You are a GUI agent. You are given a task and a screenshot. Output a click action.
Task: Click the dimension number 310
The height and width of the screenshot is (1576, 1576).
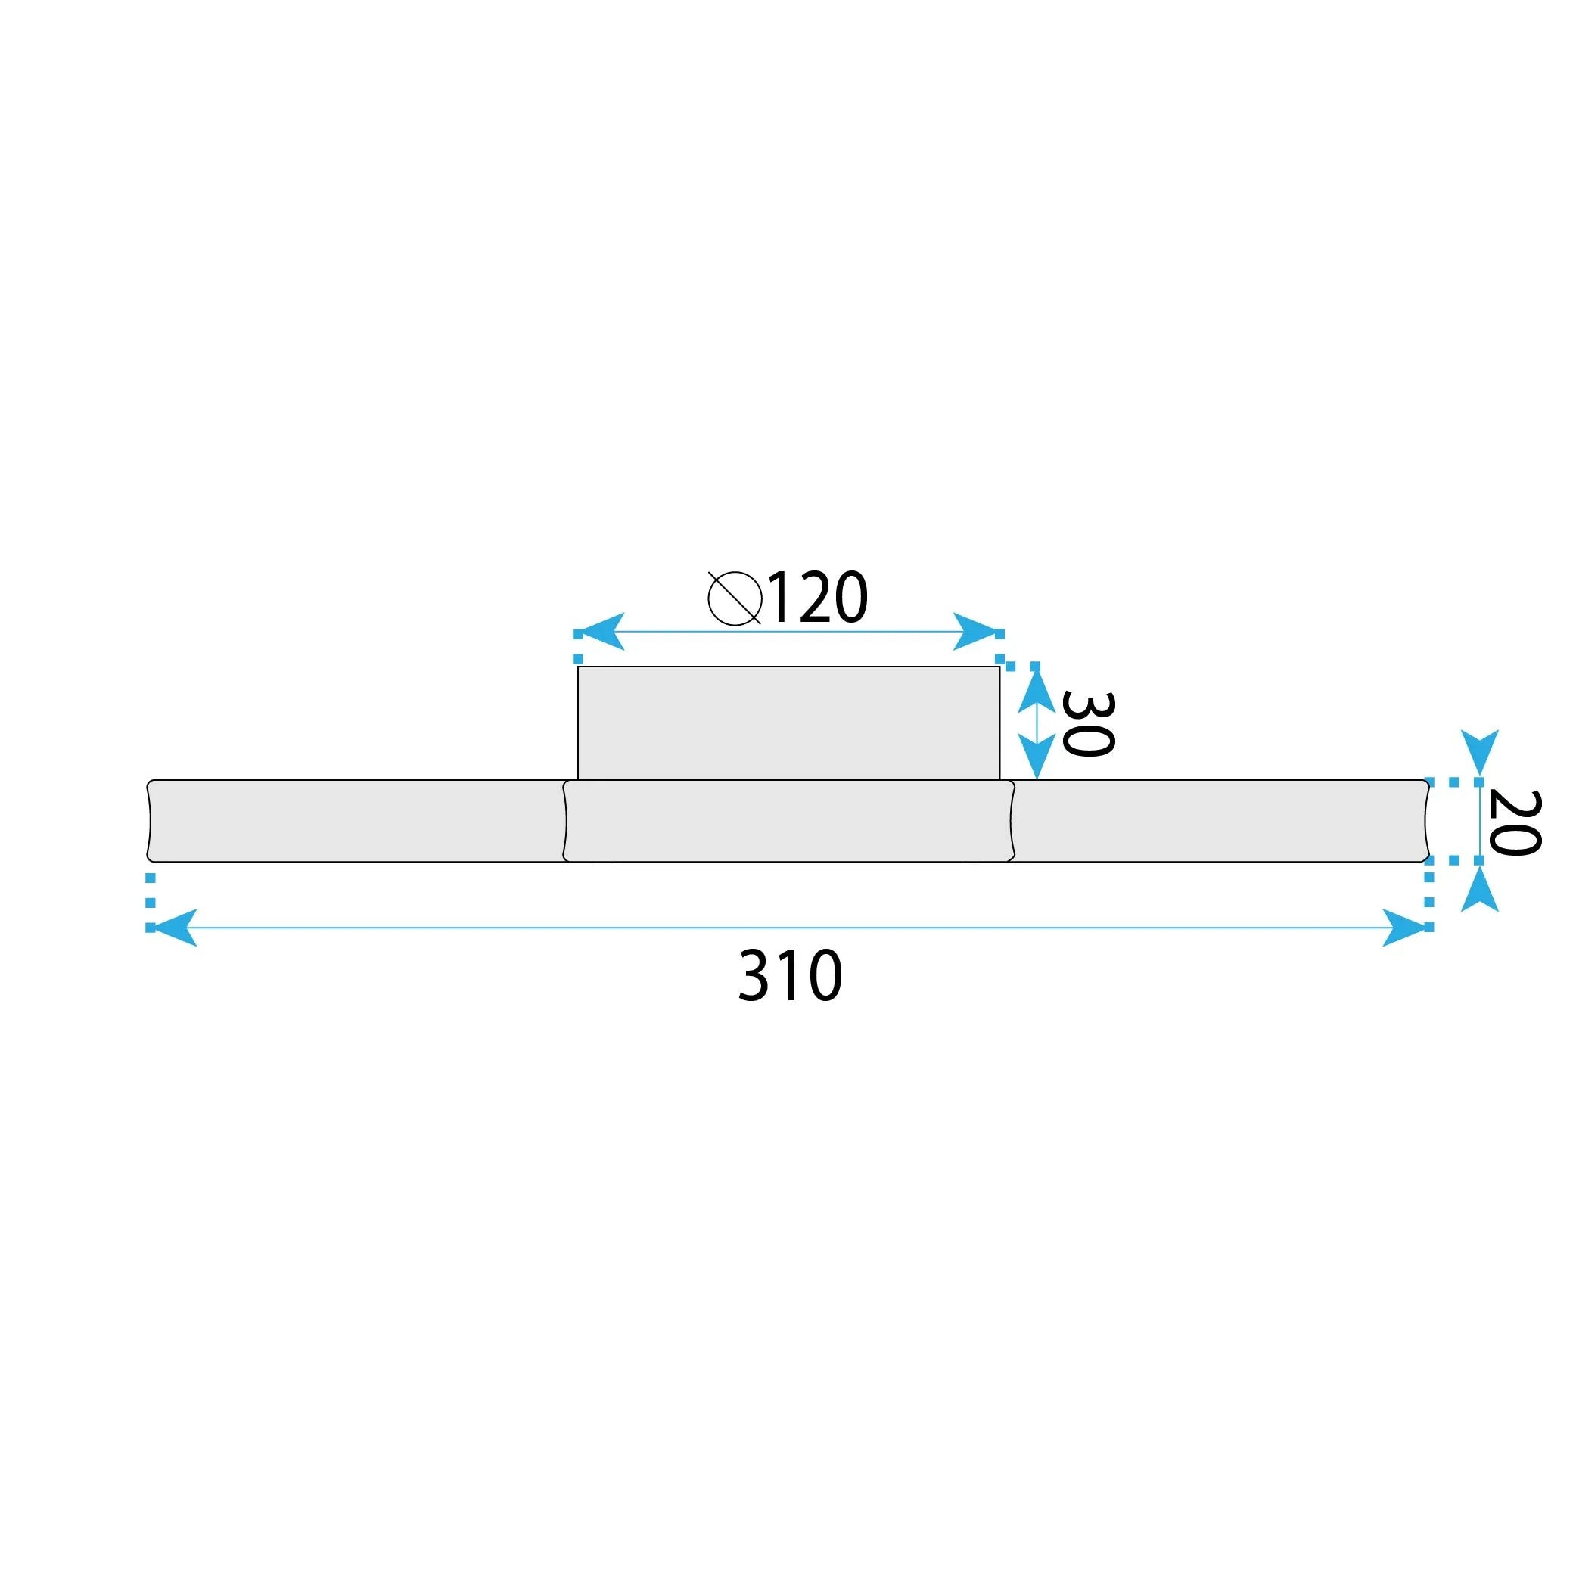[790, 975]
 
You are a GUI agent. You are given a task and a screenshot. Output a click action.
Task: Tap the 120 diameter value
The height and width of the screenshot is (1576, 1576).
[817, 598]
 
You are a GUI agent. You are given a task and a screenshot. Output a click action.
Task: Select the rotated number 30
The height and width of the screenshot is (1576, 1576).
[1087, 724]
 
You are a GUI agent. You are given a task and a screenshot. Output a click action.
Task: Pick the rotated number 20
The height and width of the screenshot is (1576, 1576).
[1514, 823]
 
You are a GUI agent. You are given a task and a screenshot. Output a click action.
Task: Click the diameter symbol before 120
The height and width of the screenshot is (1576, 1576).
[735, 598]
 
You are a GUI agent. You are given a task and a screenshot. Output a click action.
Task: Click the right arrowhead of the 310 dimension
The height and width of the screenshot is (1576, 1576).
[1405, 928]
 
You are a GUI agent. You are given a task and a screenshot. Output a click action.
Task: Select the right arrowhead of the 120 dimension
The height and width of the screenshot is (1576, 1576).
[978, 631]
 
